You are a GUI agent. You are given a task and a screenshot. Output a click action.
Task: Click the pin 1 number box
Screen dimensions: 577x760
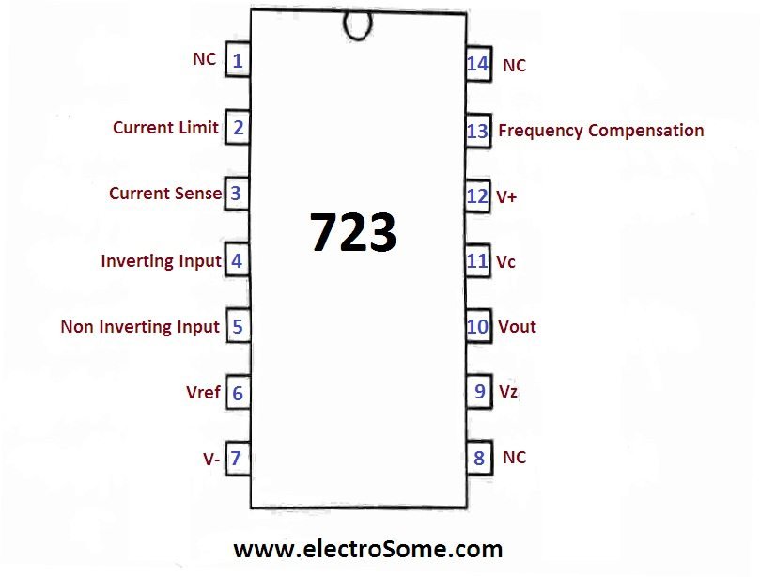(x=238, y=62)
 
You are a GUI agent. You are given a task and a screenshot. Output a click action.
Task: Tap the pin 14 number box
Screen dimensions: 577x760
(x=477, y=64)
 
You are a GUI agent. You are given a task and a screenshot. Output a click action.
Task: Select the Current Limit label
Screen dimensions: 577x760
(x=165, y=127)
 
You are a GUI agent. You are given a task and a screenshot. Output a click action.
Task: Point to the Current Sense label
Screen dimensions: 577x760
(x=165, y=194)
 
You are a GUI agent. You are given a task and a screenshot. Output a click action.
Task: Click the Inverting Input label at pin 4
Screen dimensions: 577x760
(x=161, y=260)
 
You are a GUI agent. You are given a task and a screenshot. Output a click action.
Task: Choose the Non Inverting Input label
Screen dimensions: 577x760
(x=140, y=327)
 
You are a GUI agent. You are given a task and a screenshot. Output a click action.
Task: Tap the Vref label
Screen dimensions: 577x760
(x=204, y=392)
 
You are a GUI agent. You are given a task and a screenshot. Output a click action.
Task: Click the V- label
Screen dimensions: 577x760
(x=211, y=459)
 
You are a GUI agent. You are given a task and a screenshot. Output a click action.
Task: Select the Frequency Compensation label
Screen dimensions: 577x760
(x=600, y=131)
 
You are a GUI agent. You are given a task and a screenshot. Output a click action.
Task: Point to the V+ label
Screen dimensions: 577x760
(x=506, y=196)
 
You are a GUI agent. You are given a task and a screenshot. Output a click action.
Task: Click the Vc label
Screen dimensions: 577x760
(x=506, y=262)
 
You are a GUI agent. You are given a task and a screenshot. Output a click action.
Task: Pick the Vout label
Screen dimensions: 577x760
(x=517, y=326)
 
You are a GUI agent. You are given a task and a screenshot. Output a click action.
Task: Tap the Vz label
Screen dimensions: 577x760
(x=508, y=391)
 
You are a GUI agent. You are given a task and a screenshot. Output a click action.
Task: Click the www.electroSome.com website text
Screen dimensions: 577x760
(x=367, y=548)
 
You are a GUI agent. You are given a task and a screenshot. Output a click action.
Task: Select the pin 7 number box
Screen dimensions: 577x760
(x=237, y=459)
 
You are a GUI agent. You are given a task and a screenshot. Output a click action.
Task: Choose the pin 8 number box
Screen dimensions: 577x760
(x=479, y=459)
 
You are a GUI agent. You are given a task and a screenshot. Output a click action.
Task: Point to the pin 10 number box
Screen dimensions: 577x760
(x=478, y=326)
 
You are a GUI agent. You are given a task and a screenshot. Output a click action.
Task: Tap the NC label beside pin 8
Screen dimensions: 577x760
(x=514, y=458)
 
